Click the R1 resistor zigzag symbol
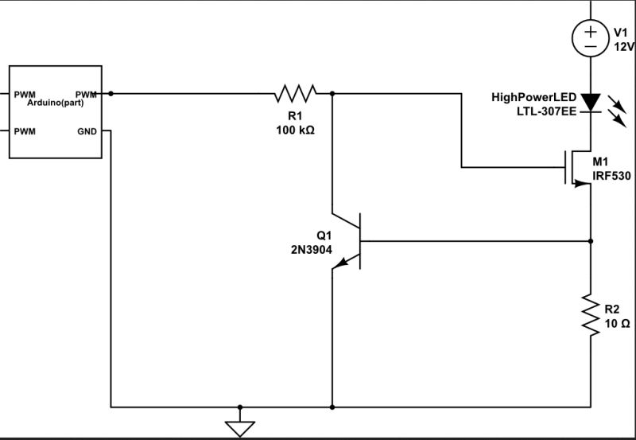pyautogui.click(x=295, y=94)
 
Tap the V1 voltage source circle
pyautogui.click(x=591, y=38)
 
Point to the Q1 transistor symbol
pyautogui.click(x=350, y=240)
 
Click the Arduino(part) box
pyautogui.click(x=56, y=111)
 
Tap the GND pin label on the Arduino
pyautogui.click(x=87, y=130)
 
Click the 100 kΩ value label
pyautogui.click(x=295, y=130)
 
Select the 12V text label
pyautogui.click(x=624, y=47)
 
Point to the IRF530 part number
pyautogui.click(x=611, y=177)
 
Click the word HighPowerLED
pyautogui.click(x=533, y=97)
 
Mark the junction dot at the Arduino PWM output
pyautogui.click(x=110, y=94)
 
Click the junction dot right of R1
pyautogui.click(x=332, y=94)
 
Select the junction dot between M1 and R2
pyautogui.click(x=591, y=240)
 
